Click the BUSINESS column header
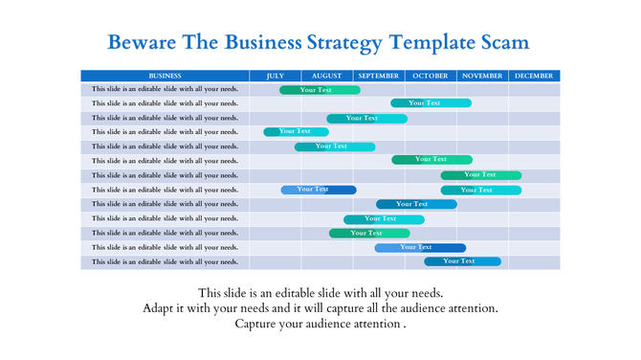166,76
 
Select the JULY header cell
276,76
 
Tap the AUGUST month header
326,76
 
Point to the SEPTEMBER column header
379,76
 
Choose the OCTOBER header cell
431,76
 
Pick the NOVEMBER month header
482,76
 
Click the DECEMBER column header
533,76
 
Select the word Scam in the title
500,43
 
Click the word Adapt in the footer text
160,308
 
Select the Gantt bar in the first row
320,90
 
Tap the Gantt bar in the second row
431,103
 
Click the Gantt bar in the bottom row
462,261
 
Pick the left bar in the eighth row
318,190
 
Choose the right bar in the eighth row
480,190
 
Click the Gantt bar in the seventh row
480,175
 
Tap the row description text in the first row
166,90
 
